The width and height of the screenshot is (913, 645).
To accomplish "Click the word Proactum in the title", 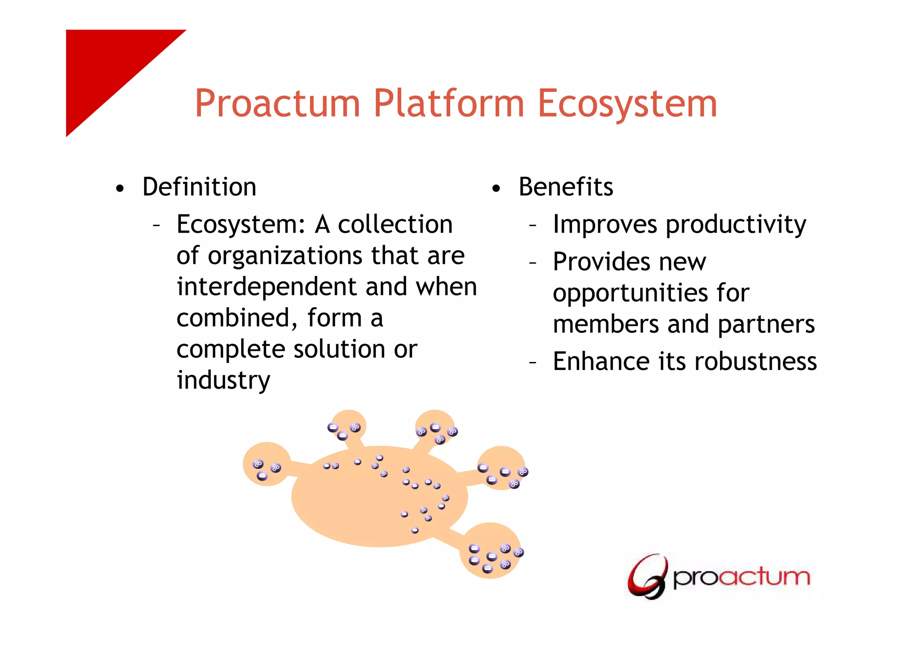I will click(277, 103).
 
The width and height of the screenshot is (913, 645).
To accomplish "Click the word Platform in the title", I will click(448, 103).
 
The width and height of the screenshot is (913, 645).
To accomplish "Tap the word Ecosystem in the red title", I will click(627, 103).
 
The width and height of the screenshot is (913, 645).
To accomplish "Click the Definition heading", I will click(199, 187).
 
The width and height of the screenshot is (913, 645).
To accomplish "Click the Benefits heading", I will click(566, 187).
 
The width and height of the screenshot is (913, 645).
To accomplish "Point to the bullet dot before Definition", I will click(119, 189).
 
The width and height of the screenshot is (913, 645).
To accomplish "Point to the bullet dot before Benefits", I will click(496, 189).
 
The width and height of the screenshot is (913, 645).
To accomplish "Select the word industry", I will click(223, 380).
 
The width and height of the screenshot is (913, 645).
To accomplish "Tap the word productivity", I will click(736, 224).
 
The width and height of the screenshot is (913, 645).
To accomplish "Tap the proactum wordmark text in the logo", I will click(741, 577).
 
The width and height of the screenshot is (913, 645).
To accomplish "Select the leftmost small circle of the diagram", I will click(267, 464).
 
